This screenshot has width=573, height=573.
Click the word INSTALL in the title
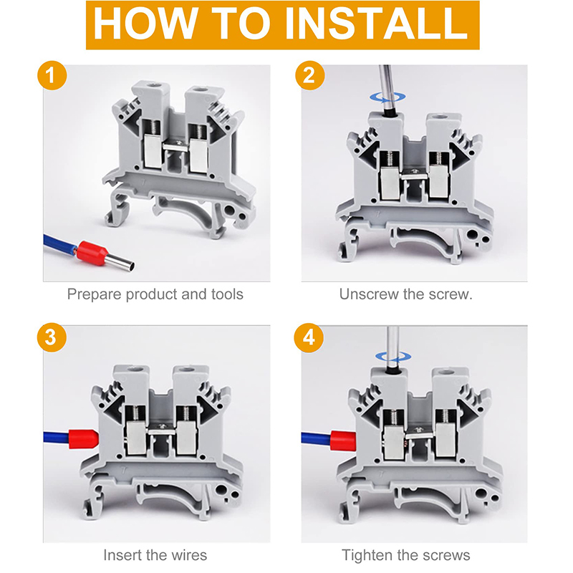click(375, 25)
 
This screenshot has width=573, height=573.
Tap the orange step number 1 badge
click(50, 77)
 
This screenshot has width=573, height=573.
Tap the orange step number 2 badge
click(309, 77)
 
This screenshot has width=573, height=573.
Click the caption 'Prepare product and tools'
click(155, 294)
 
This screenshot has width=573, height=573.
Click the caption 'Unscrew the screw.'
click(406, 294)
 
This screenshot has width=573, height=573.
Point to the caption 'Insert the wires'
click(155, 555)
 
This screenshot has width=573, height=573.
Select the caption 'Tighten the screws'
click(406, 555)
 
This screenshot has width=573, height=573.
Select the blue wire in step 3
click(54, 436)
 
